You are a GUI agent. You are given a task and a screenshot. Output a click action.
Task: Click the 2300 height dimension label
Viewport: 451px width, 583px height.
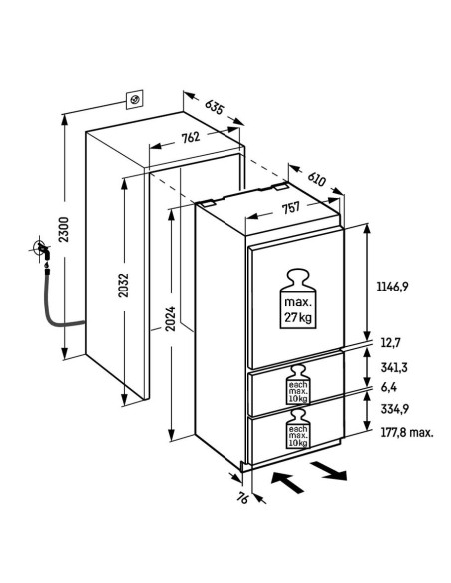(x=64, y=229)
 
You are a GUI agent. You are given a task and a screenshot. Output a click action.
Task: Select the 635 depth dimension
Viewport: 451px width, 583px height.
(x=215, y=107)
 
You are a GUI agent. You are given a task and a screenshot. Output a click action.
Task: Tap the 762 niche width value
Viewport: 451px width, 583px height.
(x=191, y=138)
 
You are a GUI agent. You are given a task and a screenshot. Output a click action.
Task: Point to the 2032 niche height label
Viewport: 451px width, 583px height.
(x=123, y=286)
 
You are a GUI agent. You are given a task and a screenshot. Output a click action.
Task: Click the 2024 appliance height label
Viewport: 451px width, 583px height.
(x=170, y=319)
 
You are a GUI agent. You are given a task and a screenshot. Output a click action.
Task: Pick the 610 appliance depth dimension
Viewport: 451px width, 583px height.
(x=317, y=178)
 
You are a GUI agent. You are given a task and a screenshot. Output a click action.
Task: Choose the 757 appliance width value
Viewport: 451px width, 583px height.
(x=291, y=208)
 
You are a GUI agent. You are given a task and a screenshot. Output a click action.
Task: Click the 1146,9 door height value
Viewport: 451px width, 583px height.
(x=393, y=287)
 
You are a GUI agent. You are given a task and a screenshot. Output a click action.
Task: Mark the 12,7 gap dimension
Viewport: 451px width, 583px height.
(x=390, y=342)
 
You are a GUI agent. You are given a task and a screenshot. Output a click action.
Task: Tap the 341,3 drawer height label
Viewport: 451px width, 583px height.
(x=394, y=367)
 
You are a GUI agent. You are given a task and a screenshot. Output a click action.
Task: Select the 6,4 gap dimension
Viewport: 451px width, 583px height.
(x=389, y=387)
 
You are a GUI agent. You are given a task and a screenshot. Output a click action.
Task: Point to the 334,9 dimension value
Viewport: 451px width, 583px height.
(x=395, y=409)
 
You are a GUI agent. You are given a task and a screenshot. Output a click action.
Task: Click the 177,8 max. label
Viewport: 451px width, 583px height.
(x=407, y=433)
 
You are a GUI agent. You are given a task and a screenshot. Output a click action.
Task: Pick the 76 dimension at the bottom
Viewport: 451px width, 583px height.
(x=242, y=498)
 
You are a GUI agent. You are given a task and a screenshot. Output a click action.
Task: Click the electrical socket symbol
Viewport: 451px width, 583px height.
(x=135, y=99)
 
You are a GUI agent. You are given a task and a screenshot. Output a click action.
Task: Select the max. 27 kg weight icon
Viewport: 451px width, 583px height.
(x=298, y=298)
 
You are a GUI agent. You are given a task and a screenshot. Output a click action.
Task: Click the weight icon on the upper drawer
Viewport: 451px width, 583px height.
(x=298, y=385)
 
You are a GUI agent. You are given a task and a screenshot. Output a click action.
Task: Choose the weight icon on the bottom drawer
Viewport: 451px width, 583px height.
(x=298, y=429)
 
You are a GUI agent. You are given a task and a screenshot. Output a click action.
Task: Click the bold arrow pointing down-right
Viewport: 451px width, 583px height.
(x=329, y=471)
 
